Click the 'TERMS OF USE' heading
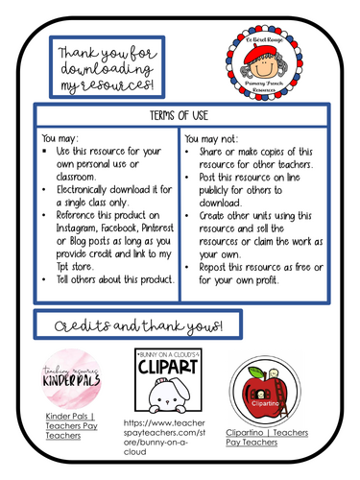[x=180, y=114]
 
